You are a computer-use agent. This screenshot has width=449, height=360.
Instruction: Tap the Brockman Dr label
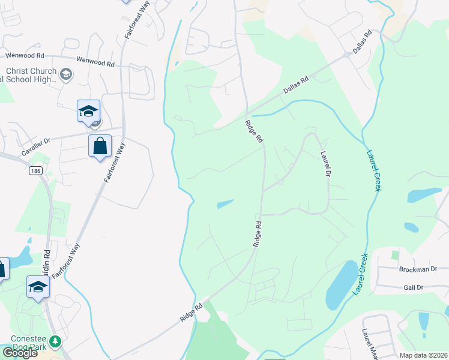click(418, 269)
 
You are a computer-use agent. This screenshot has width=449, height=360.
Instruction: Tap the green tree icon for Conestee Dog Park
click(55, 341)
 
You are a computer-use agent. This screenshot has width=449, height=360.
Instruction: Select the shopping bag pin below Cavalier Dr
click(100, 146)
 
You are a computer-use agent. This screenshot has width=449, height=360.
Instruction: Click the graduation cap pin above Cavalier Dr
click(88, 111)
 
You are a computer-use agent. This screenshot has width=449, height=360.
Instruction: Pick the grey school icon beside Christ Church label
click(66, 74)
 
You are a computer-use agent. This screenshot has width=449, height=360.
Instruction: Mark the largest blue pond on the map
click(340, 283)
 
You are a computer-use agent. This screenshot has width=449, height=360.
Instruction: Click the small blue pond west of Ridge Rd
click(225, 204)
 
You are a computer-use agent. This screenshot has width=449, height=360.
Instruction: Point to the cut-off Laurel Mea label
click(367, 344)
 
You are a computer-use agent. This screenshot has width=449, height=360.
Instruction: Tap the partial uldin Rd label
click(47, 264)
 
